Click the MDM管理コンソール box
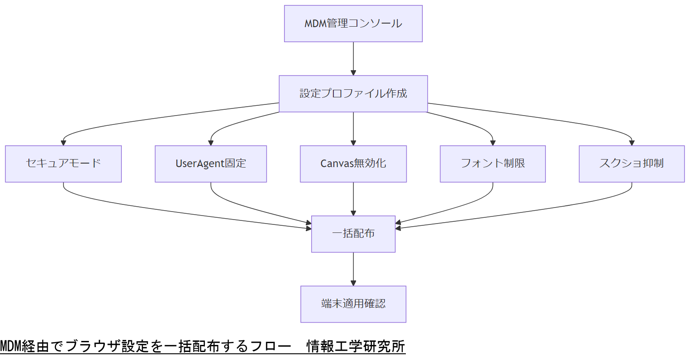point(353,24)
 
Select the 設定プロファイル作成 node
point(353,94)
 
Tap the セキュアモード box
point(63,164)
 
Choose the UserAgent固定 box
point(211,164)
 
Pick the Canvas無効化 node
point(353,164)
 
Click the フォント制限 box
point(493,164)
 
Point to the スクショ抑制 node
point(631,164)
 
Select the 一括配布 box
point(353,234)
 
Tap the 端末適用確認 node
point(353,304)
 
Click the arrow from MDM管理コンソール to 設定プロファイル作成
point(353,58)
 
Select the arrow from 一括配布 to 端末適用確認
point(353,269)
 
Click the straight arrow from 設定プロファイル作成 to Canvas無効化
point(353,128)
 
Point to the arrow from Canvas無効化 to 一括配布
point(353,199)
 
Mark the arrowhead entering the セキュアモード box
point(64,143)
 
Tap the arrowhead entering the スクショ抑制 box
point(632,143)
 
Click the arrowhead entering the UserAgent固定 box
point(211,143)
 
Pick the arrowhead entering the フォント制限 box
point(493,143)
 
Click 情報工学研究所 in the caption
point(356,346)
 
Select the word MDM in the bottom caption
point(10,346)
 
